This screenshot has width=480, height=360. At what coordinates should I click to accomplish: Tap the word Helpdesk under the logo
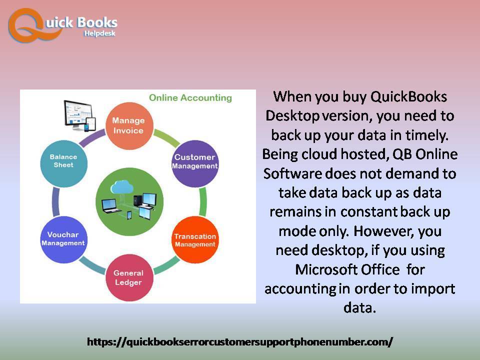[x=100, y=33]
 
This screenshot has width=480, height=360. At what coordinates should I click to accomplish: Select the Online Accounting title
[x=190, y=97]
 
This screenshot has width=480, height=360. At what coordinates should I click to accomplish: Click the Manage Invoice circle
[x=129, y=126]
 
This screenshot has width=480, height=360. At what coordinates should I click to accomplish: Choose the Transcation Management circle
[x=195, y=240]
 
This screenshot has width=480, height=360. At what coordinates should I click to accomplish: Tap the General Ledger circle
[x=129, y=277]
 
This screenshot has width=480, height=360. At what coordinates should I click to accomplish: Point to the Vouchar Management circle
[x=63, y=239]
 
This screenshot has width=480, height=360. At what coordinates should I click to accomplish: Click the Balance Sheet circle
[x=63, y=164]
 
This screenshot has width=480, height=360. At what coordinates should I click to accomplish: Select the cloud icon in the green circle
[x=122, y=187]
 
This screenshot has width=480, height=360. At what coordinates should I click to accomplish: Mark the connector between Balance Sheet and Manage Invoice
[x=92, y=138]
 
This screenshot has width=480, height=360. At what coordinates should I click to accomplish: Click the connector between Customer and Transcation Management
[x=202, y=202]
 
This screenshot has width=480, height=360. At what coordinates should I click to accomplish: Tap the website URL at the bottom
[x=239, y=341]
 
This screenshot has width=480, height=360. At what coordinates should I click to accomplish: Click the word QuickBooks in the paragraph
[x=408, y=96]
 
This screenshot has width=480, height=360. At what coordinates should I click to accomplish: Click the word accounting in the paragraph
[x=300, y=289]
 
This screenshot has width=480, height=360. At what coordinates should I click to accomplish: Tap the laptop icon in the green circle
[x=110, y=205]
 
